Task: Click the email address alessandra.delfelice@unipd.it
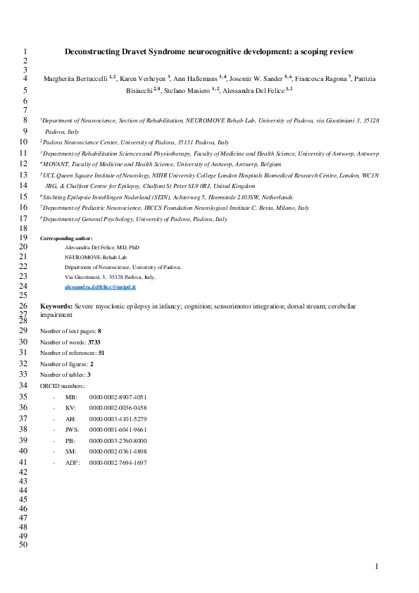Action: [100, 288]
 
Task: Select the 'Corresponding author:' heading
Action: [66, 238]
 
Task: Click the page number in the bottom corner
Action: [377, 566]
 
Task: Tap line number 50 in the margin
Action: [22, 544]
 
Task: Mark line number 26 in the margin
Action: [22, 307]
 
